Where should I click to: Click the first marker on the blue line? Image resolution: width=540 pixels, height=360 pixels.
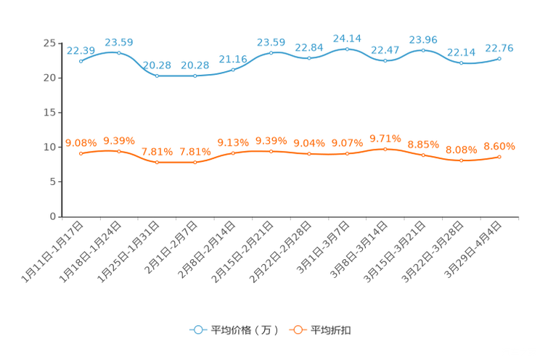81,62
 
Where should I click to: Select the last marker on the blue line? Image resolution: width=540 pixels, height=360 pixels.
500,58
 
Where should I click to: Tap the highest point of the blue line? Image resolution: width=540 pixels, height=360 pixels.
348,49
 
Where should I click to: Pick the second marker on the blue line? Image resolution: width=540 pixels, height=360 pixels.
119,52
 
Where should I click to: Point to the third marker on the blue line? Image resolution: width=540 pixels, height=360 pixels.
157,75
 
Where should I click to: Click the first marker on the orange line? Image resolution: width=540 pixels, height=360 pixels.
81,154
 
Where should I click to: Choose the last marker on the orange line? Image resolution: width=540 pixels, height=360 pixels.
500,157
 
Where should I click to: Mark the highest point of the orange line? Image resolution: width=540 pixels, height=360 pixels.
385,149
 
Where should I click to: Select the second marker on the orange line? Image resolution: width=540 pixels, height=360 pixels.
119,151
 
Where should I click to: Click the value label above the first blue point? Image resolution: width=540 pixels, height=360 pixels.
81,50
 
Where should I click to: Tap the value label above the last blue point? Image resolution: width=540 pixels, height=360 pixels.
500,47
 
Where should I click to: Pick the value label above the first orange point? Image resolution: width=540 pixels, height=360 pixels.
81,142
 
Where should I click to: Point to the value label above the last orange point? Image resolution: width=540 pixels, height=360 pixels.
500,146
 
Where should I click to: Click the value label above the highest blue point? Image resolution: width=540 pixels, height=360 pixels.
348,38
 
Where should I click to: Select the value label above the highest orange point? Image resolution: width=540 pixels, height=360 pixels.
385,138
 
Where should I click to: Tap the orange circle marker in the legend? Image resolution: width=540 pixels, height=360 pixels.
298,330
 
